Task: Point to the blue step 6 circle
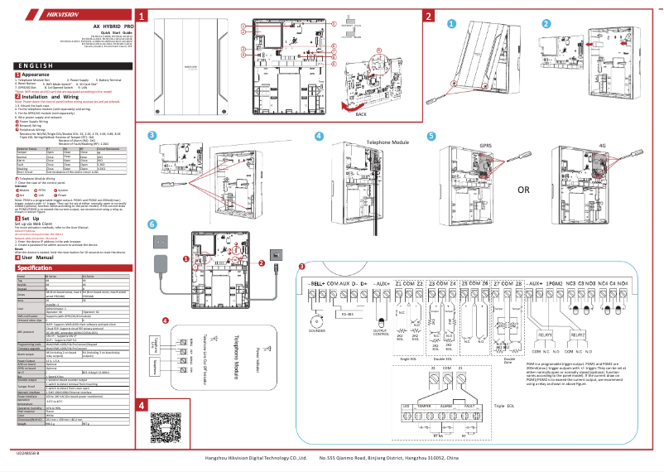[151, 224]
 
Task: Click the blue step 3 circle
[152, 136]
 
